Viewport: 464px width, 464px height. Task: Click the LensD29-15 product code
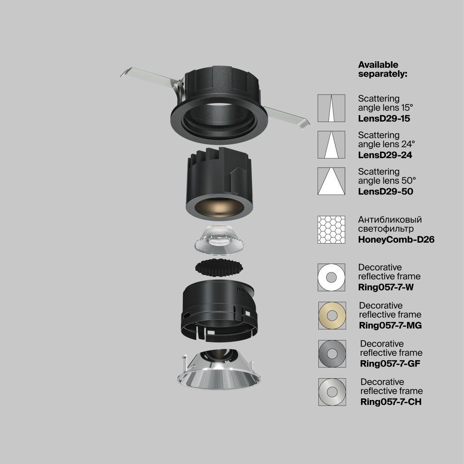[384, 118]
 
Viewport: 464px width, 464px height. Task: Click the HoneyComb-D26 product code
[396, 240]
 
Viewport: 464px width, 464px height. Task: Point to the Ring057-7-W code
[386, 287]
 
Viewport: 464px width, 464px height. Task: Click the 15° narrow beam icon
[331, 108]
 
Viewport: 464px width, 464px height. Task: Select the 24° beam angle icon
[331, 145]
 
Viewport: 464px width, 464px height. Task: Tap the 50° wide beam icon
[331, 181]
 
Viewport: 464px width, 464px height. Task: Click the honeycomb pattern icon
[331, 230]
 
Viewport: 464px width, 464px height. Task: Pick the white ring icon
[331, 277]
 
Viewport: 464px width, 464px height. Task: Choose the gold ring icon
[332, 316]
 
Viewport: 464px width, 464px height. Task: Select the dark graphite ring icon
[332, 354]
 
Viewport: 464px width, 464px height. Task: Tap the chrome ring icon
[332, 392]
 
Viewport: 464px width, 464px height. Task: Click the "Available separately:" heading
[382, 69]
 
